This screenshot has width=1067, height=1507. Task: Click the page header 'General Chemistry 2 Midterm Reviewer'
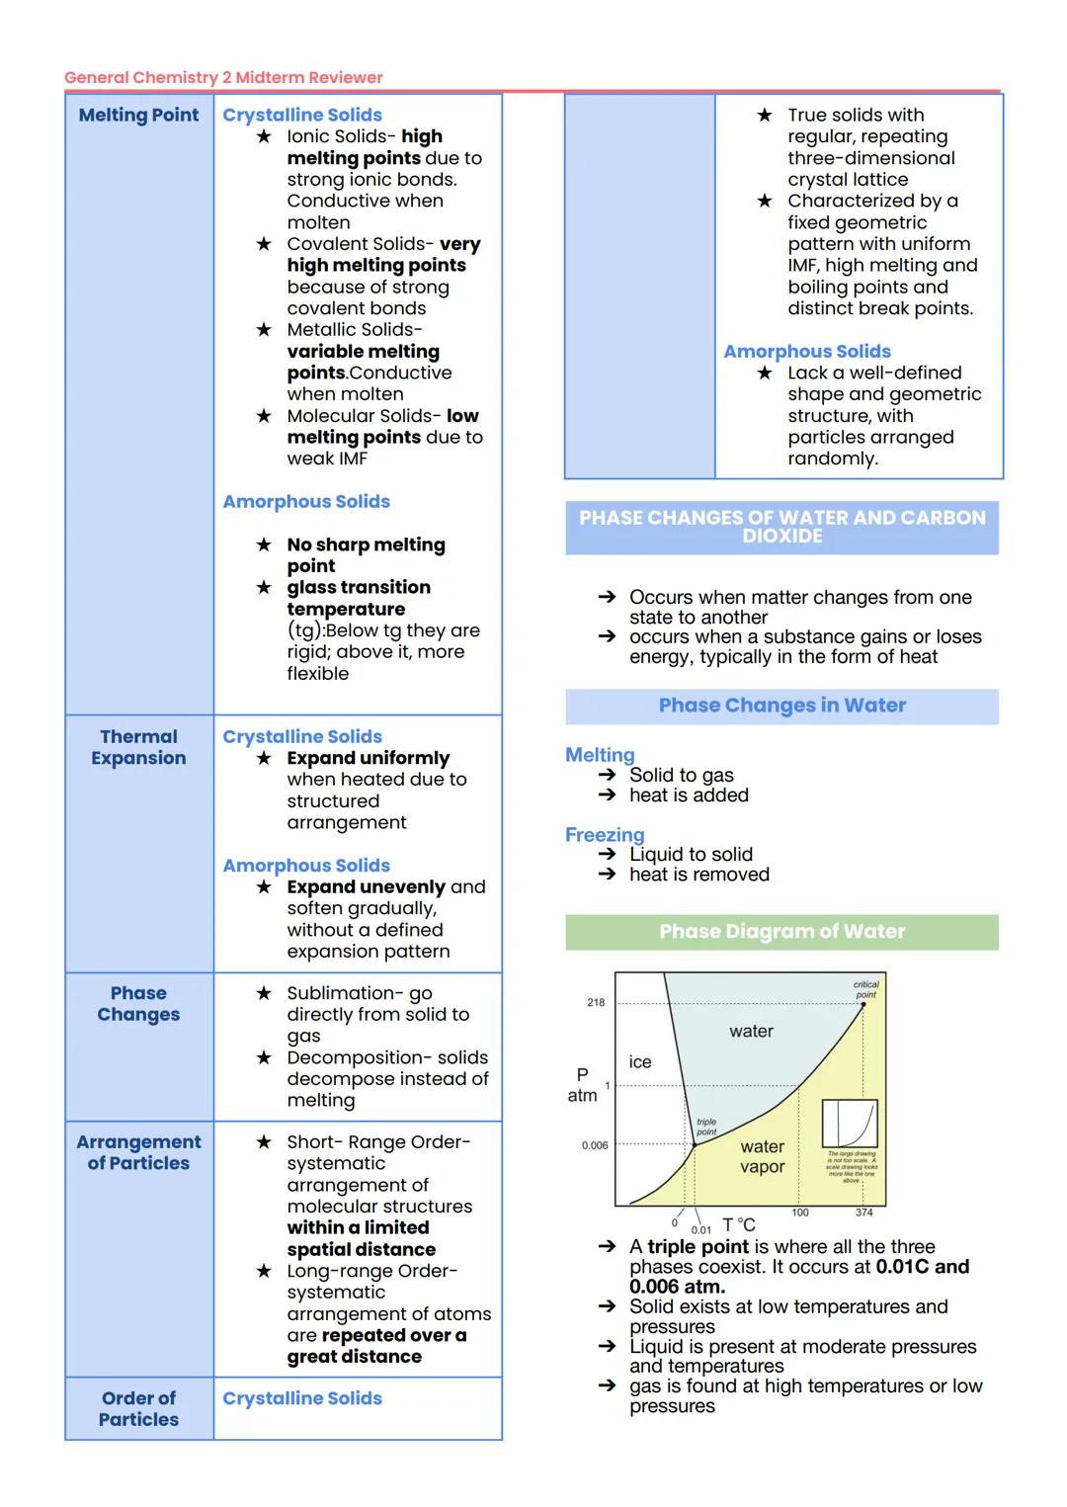(223, 77)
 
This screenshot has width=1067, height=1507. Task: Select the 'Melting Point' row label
(138, 115)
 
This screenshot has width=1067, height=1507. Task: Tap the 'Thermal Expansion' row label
(138, 747)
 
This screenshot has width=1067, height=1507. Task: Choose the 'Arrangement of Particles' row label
(138, 1152)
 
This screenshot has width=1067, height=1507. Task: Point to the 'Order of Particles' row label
(138, 1408)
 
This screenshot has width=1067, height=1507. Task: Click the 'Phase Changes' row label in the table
(138, 1003)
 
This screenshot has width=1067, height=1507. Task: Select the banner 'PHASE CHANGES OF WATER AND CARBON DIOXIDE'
(781, 527)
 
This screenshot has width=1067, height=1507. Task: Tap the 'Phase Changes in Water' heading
(781, 706)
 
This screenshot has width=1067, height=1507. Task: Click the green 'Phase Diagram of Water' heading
(781, 932)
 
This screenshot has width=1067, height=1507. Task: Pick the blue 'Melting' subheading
(600, 755)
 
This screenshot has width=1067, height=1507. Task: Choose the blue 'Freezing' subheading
(605, 835)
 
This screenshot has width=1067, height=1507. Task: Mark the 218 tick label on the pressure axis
(596, 1002)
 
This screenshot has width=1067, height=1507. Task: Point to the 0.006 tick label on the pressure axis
(595, 1145)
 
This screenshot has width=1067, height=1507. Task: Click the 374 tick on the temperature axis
(863, 1213)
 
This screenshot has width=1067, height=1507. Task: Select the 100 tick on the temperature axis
(800, 1213)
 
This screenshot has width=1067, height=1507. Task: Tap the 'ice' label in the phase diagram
(640, 1062)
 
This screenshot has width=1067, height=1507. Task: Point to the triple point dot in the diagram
(694, 1145)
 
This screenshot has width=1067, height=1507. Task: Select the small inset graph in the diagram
(850, 1124)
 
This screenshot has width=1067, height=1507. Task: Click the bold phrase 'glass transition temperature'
(359, 598)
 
